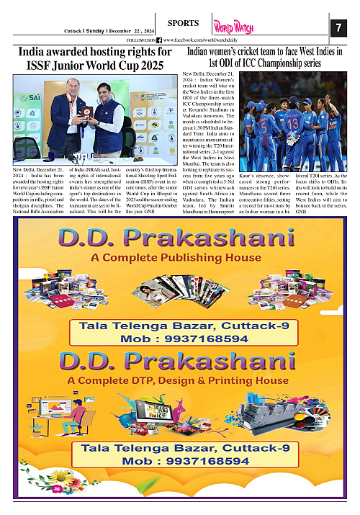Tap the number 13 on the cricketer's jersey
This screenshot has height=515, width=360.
coord(293,122)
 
